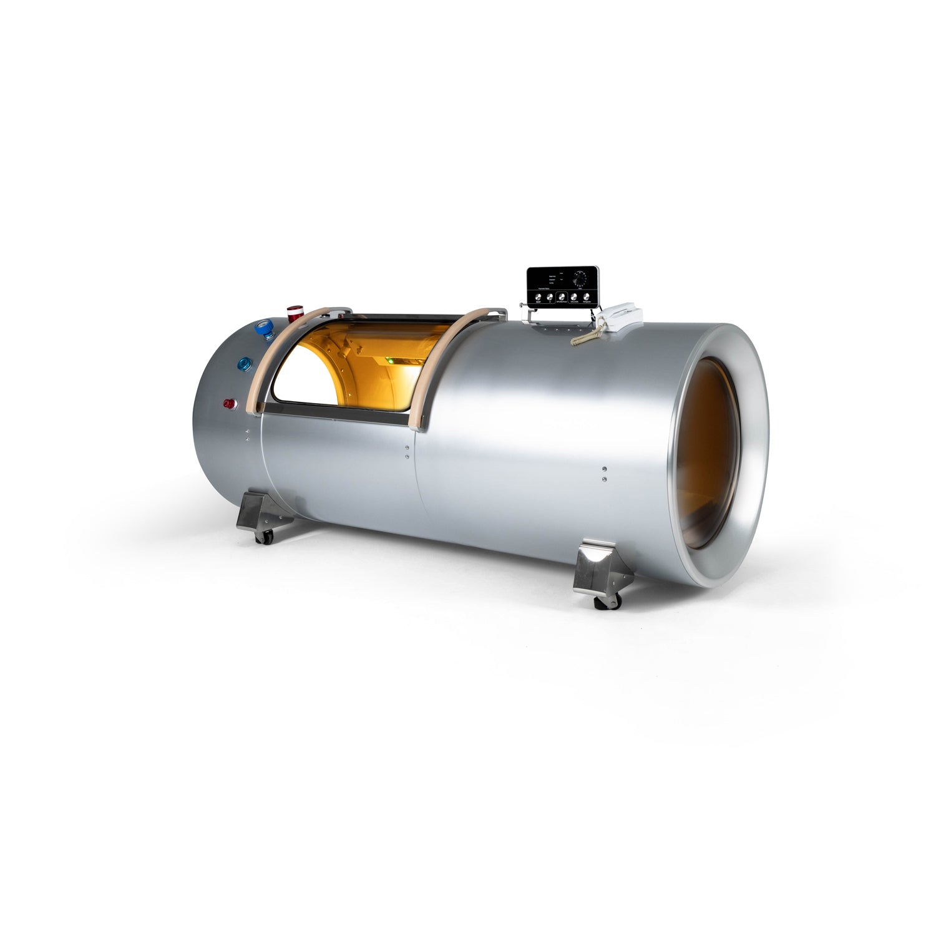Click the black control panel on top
click(563, 286)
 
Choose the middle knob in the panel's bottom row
click(562, 297)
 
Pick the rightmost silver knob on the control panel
click(587, 297)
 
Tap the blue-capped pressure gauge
click(268, 329)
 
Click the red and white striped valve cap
click(293, 311)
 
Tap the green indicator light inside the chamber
click(388, 359)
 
